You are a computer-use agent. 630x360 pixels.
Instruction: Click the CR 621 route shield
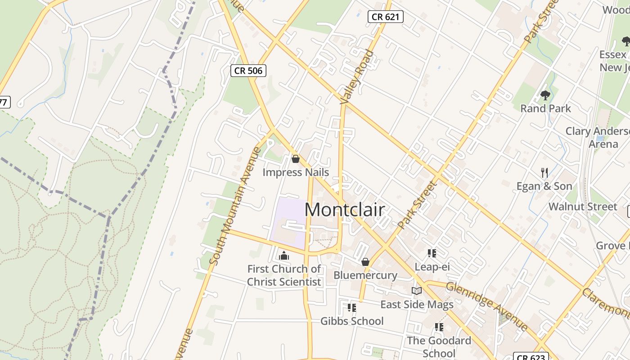pyautogui.click(x=385, y=17)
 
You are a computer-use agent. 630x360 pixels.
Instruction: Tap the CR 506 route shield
pyautogui.click(x=248, y=70)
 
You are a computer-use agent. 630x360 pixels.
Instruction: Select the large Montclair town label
pyautogui.click(x=345, y=210)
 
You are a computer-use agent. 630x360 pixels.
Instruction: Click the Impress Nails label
pyautogui.click(x=296, y=172)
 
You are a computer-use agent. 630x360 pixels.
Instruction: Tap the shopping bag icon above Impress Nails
pyautogui.click(x=296, y=159)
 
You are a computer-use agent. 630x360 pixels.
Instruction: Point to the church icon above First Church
pyautogui.click(x=284, y=256)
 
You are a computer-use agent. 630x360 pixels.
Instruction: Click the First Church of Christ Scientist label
pyautogui.click(x=284, y=275)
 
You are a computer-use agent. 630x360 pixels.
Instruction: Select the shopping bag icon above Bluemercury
pyautogui.click(x=365, y=262)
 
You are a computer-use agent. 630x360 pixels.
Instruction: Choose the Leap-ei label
pyautogui.click(x=432, y=267)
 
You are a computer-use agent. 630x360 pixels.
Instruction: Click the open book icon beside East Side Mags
pyautogui.click(x=417, y=291)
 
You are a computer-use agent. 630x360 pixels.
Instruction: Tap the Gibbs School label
pyautogui.click(x=352, y=321)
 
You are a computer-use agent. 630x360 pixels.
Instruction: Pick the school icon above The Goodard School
pyautogui.click(x=439, y=327)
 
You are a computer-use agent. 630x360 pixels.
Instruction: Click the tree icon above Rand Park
pyautogui.click(x=545, y=95)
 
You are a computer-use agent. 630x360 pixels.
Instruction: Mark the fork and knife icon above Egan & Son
pyautogui.click(x=544, y=172)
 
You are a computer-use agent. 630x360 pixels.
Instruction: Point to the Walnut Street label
pyautogui.click(x=583, y=207)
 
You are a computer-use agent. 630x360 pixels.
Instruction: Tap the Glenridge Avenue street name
pyautogui.click(x=486, y=306)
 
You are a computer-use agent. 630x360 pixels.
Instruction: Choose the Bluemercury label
pyautogui.click(x=365, y=275)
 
